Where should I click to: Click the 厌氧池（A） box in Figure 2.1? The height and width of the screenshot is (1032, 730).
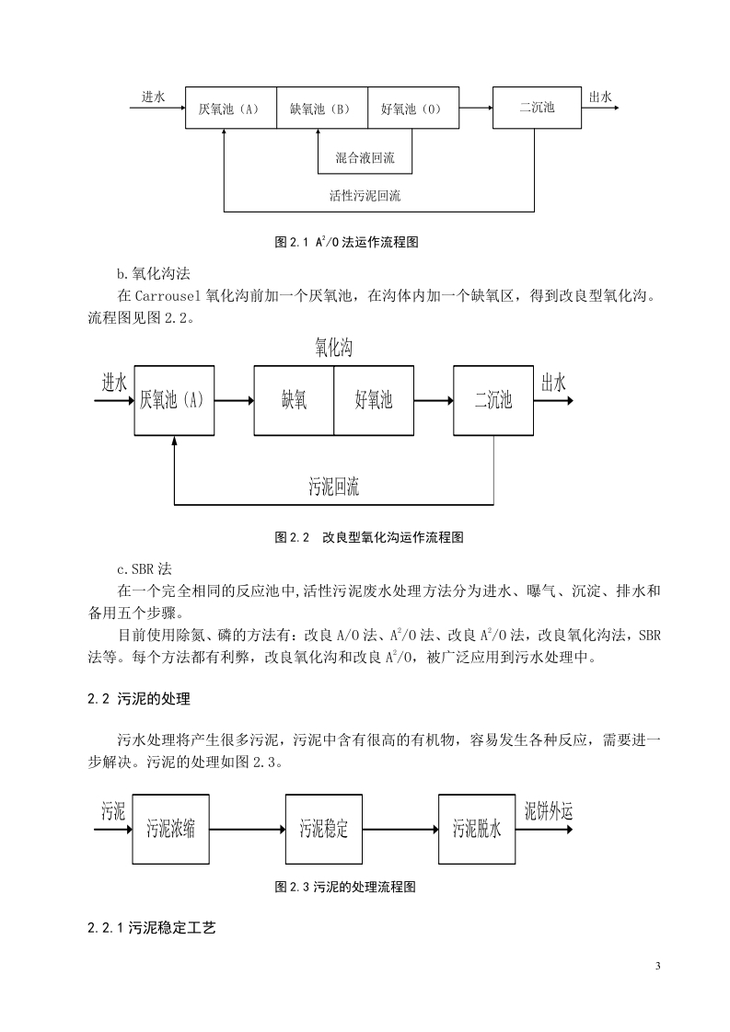coord(230,108)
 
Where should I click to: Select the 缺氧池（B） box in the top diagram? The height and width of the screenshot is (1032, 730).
coord(321,108)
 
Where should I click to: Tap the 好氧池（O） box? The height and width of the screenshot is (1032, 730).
coord(413,108)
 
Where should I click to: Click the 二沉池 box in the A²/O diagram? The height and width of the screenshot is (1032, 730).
coord(537,108)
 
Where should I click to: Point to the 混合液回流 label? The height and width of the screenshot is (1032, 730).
coord(365,158)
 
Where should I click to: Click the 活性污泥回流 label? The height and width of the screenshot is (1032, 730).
coord(365,196)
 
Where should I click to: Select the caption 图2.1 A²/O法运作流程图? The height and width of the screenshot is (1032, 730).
coord(346,242)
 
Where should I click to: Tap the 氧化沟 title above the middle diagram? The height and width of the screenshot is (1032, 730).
coord(333,348)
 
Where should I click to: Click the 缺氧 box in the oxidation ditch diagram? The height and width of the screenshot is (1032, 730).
coord(294,400)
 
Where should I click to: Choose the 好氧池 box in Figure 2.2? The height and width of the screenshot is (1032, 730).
coord(374,400)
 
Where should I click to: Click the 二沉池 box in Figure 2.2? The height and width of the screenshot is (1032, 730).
coord(493,400)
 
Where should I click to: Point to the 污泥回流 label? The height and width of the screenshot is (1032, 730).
coord(334,487)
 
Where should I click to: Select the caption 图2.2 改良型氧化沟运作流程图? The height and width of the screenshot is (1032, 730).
coord(369,537)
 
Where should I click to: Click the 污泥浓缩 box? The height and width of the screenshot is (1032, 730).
coord(170,829)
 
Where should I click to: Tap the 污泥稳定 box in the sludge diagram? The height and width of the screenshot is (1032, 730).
coord(323,829)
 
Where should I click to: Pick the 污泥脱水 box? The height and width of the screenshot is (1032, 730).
coord(477,829)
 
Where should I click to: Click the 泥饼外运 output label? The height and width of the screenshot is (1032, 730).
coord(548,811)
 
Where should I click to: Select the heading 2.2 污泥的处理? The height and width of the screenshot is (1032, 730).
coord(139,699)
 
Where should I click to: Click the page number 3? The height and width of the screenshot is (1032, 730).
coord(657,966)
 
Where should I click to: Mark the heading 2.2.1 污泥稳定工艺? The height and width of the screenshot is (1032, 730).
coord(152,928)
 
